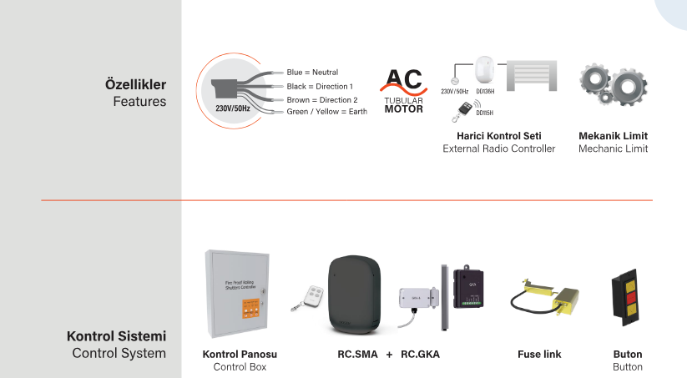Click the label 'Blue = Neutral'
pyautogui.click(x=312, y=73)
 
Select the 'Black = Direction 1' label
pyautogui.click(x=320, y=87)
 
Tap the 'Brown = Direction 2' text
pyautogui.click(x=321, y=99)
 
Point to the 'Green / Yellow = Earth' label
pyautogui.click(x=326, y=112)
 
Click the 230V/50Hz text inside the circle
pyautogui.click(x=232, y=108)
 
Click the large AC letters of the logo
pyautogui.click(x=403, y=81)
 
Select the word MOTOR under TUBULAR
pyautogui.click(x=403, y=109)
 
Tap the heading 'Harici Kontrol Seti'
pyautogui.click(x=498, y=135)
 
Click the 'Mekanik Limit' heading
pyautogui.click(x=613, y=135)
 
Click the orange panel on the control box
pyautogui.click(x=247, y=309)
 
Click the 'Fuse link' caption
pyautogui.click(x=539, y=355)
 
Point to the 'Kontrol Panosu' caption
pyautogui.click(x=240, y=355)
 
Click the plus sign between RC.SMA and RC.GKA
pyautogui.click(x=389, y=355)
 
